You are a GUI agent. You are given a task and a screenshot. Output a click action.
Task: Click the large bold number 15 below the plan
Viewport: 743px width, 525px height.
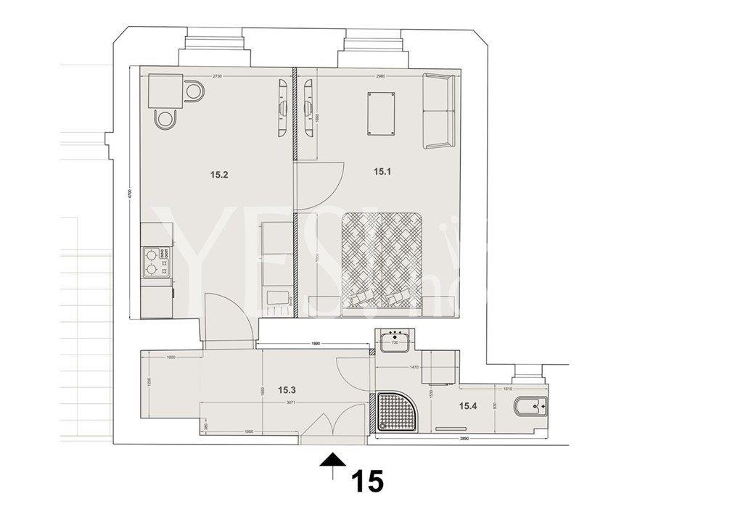pos(367,481)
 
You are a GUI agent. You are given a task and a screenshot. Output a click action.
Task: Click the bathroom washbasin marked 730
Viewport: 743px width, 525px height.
pos(395,339)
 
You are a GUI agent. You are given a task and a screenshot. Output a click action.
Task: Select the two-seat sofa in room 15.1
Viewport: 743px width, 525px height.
pos(438,111)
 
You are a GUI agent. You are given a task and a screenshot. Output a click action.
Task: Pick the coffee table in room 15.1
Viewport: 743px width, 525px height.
pos(382,114)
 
